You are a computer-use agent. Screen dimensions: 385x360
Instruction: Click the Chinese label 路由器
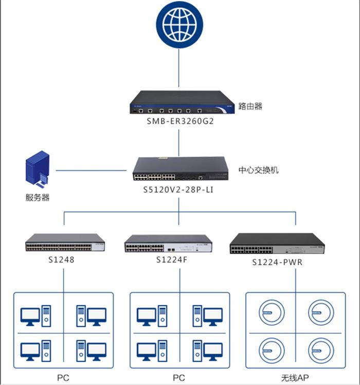tap(250, 106)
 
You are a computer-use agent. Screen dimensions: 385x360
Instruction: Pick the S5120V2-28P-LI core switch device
tap(181, 169)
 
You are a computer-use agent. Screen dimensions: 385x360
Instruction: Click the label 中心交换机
tap(258, 170)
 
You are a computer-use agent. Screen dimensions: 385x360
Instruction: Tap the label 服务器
tap(38, 197)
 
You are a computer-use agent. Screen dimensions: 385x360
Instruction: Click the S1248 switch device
tap(65, 243)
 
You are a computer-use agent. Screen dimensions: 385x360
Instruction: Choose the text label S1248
tap(64, 260)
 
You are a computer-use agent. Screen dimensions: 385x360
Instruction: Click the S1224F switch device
tap(168, 243)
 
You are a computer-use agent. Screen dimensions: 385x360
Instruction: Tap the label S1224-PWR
tap(277, 262)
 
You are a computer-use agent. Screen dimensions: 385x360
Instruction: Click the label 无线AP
tap(296, 378)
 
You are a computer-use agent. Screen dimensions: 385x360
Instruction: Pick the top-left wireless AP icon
tap(271, 312)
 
